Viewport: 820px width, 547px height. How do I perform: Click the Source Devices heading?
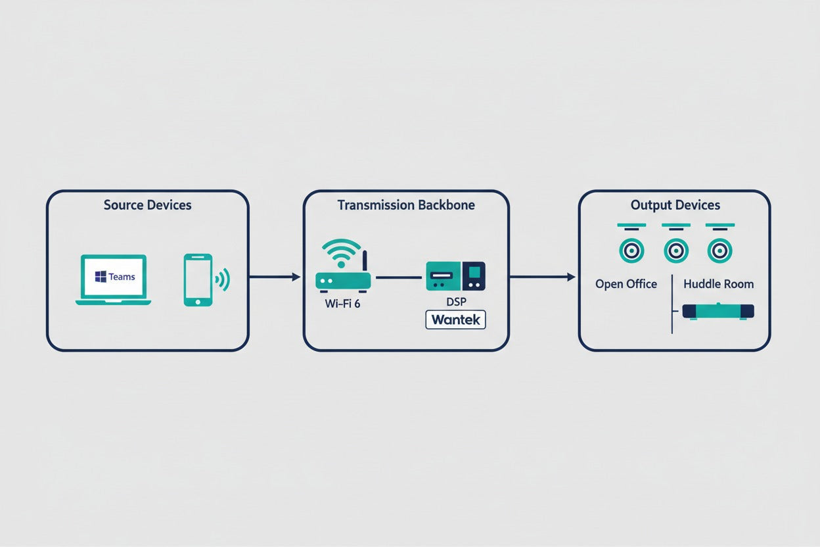(x=148, y=205)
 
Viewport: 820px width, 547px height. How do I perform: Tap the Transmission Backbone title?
(x=406, y=205)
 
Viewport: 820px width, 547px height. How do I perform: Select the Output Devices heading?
(x=675, y=206)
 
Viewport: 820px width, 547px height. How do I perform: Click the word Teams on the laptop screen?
(x=122, y=277)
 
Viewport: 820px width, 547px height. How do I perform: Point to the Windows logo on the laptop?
(x=101, y=277)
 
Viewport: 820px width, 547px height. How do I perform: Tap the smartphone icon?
(x=198, y=280)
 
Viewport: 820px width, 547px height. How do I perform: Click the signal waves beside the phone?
(x=223, y=280)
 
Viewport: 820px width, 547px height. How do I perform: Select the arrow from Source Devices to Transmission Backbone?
(x=275, y=277)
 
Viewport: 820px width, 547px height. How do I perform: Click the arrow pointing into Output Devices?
(x=543, y=277)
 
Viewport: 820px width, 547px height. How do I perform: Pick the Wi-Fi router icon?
(x=343, y=266)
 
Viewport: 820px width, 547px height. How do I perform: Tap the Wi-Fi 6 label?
(x=342, y=304)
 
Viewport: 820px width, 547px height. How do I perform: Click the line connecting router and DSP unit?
(x=399, y=277)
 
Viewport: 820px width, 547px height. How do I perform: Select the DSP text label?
(x=456, y=302)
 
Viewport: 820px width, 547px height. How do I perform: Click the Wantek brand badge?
(x=456, y=320)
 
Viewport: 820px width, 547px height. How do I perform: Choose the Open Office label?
(x=626, y=284)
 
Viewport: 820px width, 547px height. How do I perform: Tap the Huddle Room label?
(x=719, y=284)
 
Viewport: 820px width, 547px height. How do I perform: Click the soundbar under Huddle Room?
(x=718, y=312)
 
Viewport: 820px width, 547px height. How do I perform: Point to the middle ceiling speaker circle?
(x=676, y=251)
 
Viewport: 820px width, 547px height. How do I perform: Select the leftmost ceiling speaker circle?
(x=631, y=251)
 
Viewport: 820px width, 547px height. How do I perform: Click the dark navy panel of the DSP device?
(x=474, y=276)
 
